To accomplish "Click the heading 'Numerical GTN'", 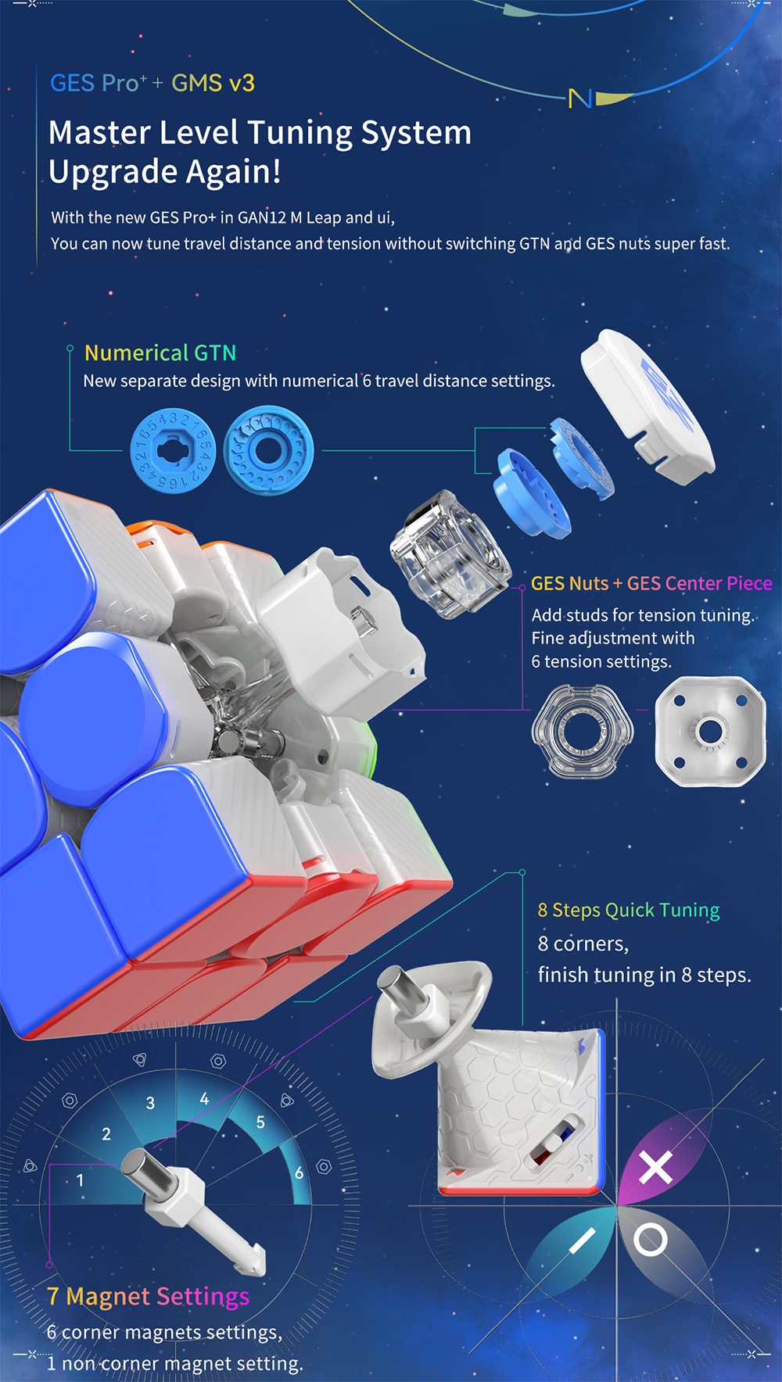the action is [160, 353].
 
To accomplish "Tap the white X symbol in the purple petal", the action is [655, 1168].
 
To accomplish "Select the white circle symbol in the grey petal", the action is [650, 1240].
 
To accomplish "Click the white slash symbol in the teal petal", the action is [582, 1241].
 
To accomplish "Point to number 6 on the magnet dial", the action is [299, 1173].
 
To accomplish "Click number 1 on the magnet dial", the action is [80, 1180].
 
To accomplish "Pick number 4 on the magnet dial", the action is [204, 1099].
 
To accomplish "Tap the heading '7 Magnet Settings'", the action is [148, 1297].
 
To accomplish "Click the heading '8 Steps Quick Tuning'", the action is [629, 911].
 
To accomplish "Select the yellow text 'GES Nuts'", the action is [569, 584].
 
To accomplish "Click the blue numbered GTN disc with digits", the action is [172, 451].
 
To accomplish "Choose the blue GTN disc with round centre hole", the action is [268, 450].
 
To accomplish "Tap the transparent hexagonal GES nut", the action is [583, 732].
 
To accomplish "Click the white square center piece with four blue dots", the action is [710, 732].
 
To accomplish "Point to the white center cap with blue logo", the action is [647, 407].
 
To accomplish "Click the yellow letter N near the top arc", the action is [579, 98].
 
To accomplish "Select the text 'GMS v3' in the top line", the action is [213, 84].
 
